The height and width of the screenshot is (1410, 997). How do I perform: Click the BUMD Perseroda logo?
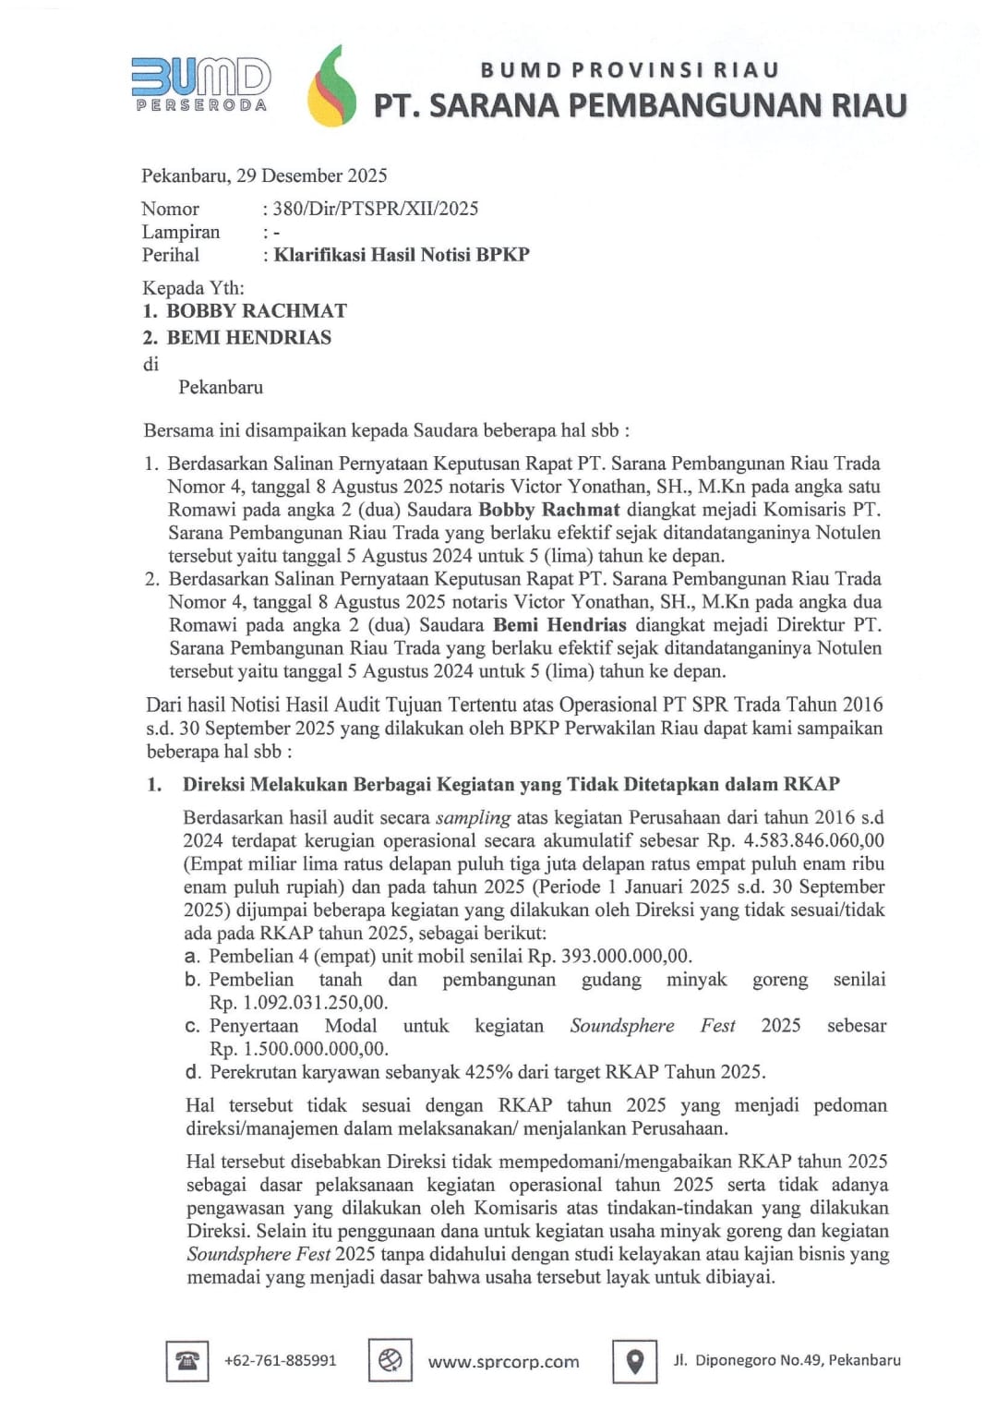pyautogui.click(x=201, y=84)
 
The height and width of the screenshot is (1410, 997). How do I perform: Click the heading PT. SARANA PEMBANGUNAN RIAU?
pyautogui.click(x=640, y=105)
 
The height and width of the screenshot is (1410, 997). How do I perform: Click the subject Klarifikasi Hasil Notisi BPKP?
pyautogui.click(x=402, y=255)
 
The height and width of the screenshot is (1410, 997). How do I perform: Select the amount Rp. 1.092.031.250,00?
pyautogui.click(x=298, y=1003)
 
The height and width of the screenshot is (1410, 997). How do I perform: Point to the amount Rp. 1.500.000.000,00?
pyautogui.click(x=299, y=1049)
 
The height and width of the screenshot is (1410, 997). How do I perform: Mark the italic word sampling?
pyautogui.click(x=473, y=817)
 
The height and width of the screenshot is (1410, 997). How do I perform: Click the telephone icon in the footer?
pyautogui.click(x=187, y=1361)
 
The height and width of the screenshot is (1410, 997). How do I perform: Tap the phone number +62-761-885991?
pyautogui.click(x=281, y=1361)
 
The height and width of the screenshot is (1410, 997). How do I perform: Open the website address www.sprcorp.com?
pyautogui.click(x=503, y=1362)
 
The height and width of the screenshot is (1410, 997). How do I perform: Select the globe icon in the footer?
pyautogui.click(x=390, y=1361)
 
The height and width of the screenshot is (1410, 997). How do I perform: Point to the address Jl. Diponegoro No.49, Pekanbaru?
pyautogui.click(x=787, y=1360)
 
